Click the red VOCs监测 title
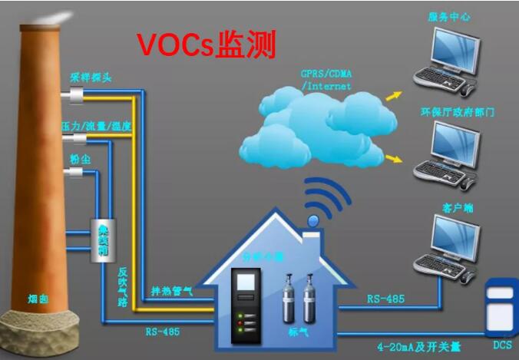[207, 45]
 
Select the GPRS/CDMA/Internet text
[326, 80]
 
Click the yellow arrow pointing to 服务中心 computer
[392, 95]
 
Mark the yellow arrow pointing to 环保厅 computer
[393, 159]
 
